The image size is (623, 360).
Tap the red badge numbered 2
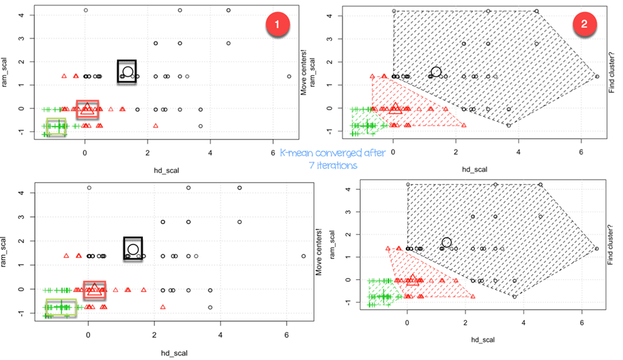point(584,23)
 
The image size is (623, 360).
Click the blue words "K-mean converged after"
point(332,153)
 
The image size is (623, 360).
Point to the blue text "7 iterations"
point(332,165)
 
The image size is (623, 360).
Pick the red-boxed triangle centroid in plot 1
point(87,108)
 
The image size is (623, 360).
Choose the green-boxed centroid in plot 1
point(56,126)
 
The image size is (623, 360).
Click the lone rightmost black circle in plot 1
point(289,76)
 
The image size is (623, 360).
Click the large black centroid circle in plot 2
point(436,72)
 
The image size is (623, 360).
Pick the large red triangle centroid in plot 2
point(395,108)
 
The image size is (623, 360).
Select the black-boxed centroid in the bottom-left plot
point(132,249)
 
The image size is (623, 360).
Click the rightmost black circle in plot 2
point(597,76)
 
